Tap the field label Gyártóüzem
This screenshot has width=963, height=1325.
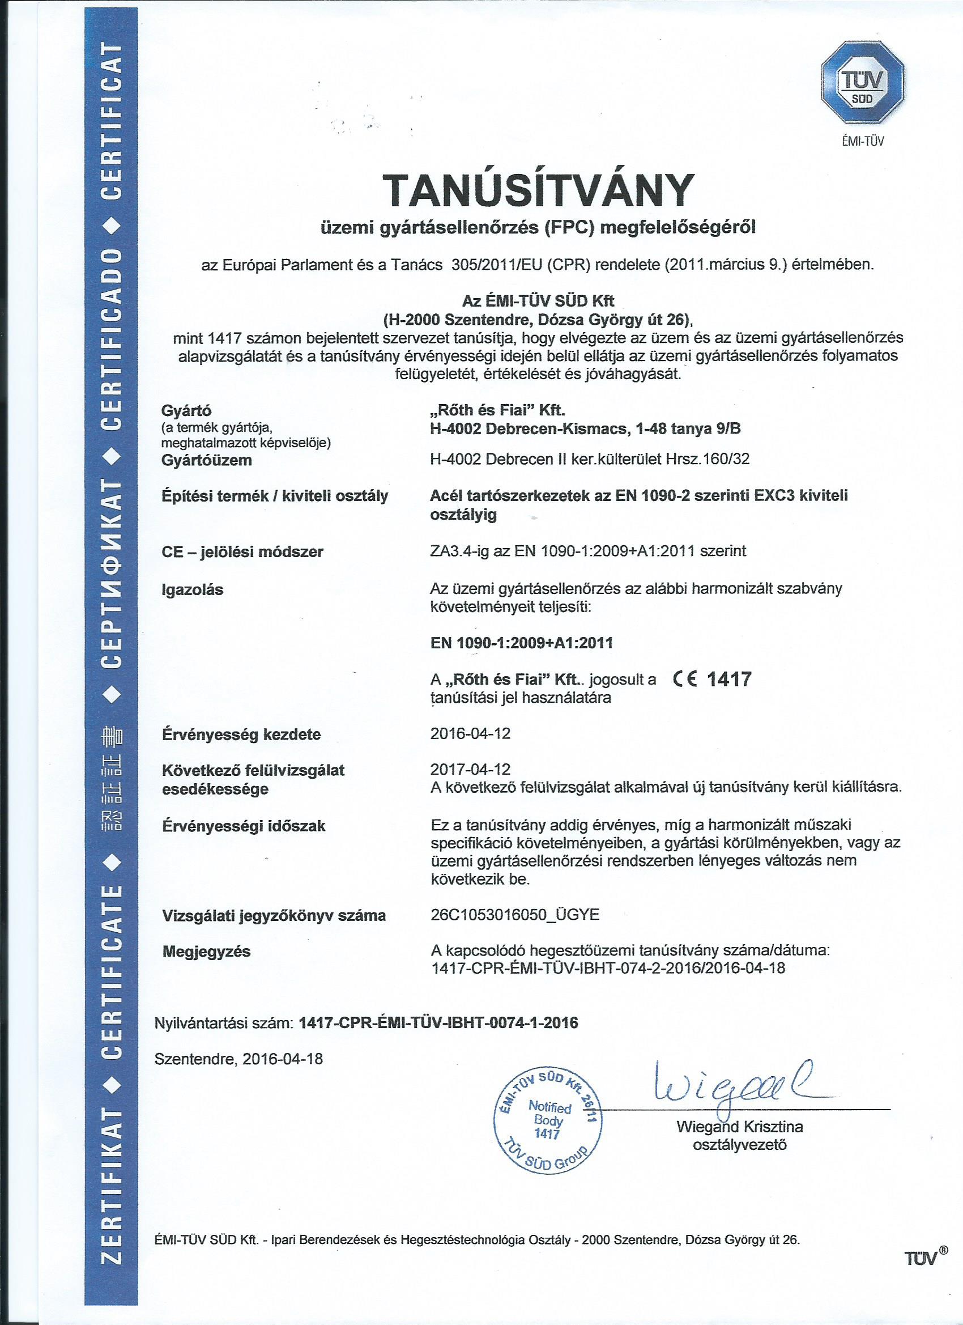tap(207, 460)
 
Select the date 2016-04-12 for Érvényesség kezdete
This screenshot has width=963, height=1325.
tap(470, 733)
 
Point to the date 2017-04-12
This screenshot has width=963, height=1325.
tap(470, 768)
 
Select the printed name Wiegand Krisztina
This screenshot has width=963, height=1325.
tap(739, 1128)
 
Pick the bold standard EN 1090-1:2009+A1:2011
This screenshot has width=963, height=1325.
tap(522, 643)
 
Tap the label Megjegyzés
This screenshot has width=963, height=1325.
tap(206, 952)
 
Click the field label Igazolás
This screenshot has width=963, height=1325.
tap(192, 590)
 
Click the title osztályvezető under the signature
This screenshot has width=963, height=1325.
tap(739, 1146)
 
